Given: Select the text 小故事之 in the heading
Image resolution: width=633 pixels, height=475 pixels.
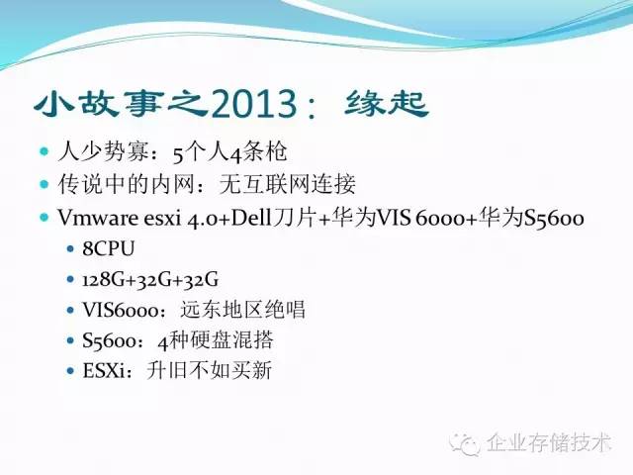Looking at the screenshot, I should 119,103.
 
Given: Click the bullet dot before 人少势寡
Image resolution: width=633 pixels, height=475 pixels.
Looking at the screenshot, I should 44,152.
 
